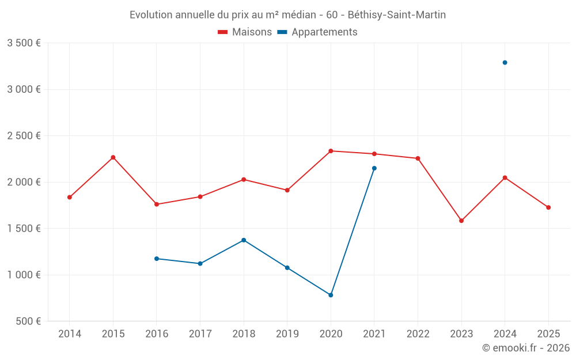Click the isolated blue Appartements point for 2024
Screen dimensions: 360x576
(x=505, y=62)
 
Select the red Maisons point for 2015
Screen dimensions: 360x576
(x=113, y=157)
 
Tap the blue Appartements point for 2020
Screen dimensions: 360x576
(x=331, y=295)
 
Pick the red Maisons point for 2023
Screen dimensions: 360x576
(x=461, y=221)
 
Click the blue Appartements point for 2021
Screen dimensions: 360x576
(x=374, y=168)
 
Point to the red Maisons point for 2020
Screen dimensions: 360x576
(x=331, y=151)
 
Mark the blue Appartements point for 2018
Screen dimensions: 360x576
(x=244, y=240)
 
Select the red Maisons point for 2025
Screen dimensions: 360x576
(x=548, y=207)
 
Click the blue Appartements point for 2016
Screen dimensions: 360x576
(x=157, y=259)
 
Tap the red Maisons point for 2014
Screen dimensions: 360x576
(x=70, y=197)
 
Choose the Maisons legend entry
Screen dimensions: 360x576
(x=245, y=32)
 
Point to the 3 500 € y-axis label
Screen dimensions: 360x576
(x=24, y=43)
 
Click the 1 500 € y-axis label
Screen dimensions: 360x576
(x=24, y=229)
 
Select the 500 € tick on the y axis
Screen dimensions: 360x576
(x=28, y=321)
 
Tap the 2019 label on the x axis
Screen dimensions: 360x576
(x=287, y=334)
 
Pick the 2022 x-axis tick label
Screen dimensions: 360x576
(x=418, y=334)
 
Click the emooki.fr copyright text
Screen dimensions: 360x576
(x=525, y=348)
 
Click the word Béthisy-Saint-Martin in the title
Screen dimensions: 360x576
(x=397, y=15)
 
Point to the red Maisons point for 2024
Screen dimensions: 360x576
(x=505, y=177)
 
